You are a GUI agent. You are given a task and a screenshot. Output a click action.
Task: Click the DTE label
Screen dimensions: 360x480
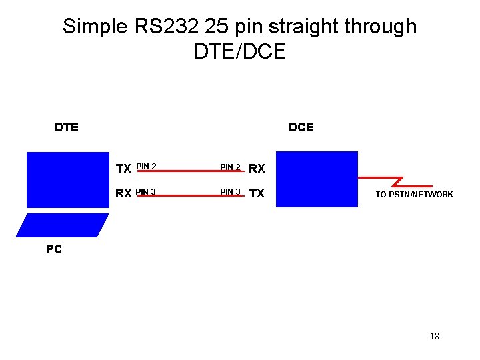click(67, 127)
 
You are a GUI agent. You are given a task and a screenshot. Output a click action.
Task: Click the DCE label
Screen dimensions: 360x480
click(301, 127)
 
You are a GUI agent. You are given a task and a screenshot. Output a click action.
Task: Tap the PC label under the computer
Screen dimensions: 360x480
click(54, 249)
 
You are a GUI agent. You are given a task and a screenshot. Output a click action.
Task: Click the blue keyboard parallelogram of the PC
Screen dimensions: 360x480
click(62, 225)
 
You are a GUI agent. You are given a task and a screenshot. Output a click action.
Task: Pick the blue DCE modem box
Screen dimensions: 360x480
click(317, 179)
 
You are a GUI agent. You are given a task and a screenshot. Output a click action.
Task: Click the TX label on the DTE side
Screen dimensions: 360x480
click(123, 169)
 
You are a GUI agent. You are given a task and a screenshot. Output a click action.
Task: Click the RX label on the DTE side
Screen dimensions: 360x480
click(123, 194)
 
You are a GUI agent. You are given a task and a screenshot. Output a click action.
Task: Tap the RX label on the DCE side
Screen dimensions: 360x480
click(257, 169)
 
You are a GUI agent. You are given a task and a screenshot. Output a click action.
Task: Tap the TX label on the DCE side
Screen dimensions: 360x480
click(257, 194)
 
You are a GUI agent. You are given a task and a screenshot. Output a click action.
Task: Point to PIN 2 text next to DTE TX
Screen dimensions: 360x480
click(146, 166)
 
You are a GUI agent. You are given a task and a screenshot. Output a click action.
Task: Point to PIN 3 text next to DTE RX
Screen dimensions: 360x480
click(146, 192)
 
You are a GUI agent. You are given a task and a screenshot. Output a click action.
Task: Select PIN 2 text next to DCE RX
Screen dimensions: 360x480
click(231, 167)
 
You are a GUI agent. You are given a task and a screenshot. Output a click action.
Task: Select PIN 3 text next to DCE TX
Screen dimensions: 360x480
click(231, 192)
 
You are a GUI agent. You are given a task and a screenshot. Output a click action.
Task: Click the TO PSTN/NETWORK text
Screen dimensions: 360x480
click(414, 195)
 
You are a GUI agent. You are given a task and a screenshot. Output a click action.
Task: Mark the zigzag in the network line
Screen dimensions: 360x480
click(399, 181)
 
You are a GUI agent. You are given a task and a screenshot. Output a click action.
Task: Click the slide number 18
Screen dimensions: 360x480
click(435, 336)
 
